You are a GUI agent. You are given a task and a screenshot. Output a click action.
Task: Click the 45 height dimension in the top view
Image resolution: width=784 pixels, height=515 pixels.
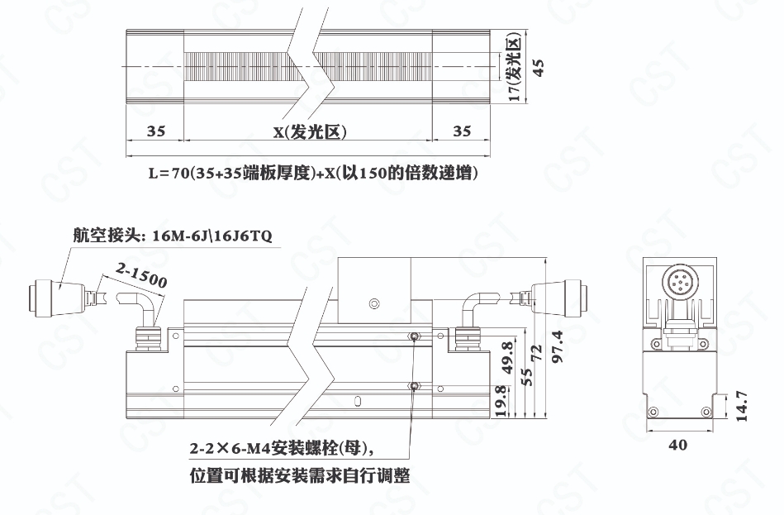pyautogui.click(x=538, y=68)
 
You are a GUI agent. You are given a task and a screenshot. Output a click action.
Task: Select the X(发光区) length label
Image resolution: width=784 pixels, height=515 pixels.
pyautogui.click(x=310, y=131)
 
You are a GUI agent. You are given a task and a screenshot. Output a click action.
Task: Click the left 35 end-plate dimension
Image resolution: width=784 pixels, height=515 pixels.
pyautogui.click(x=155, y=131)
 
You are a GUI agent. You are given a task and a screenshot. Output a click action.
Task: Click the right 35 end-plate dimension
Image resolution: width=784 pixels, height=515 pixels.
pyautogui.click(x=462, y=131)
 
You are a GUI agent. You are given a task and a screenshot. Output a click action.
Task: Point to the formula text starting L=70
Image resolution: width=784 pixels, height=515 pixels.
pyautogui.click(x=313, y=173)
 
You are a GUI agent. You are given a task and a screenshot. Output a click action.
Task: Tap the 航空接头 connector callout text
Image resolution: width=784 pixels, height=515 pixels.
pyautogui.click(x=173, y=236)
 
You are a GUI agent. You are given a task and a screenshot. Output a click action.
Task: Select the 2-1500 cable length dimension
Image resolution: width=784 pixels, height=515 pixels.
pyautogui.click(x=141, y=275)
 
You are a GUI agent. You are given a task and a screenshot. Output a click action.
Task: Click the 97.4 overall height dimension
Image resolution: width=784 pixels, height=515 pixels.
pyautogui.click(x=557, y=346)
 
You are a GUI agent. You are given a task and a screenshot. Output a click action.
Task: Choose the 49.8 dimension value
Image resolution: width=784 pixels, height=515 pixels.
pyautogui.click(x=507, y=358)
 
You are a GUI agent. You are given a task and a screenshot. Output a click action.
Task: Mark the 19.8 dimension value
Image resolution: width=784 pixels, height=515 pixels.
pyautogui.click(x=501, y=400)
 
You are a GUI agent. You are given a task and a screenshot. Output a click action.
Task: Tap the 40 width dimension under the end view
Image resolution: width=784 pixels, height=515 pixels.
pyautogui.click(x=677, y=445)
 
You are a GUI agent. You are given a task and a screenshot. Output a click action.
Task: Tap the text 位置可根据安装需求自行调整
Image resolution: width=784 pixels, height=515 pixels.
pyautogui.click(x=300, y=475)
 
